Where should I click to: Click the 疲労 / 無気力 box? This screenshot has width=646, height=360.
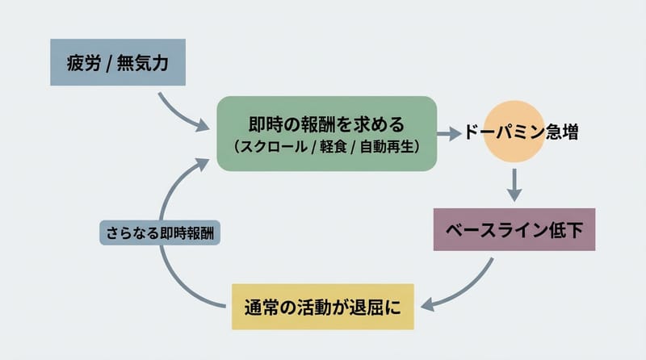point(118,62)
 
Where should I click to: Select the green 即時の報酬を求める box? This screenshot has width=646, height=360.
point(326,133)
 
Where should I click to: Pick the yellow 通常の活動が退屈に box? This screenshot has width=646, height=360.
point(323,307)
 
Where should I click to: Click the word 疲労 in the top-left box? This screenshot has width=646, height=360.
point(82,63)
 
